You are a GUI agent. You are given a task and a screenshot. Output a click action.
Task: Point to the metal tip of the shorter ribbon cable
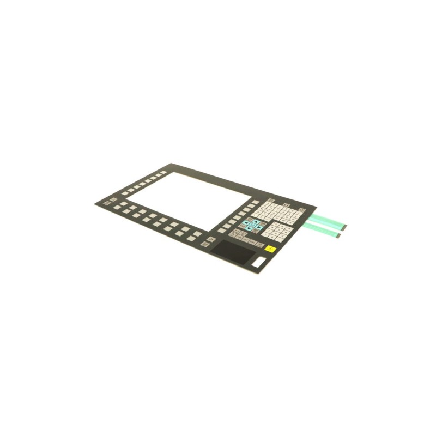[x=340, y=234]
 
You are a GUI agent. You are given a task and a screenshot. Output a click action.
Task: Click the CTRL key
[x=239, y=238]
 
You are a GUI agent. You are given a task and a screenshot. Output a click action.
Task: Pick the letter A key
[x=269, y=203]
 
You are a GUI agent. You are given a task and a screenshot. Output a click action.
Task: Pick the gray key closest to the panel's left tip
[x=106, y=203]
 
